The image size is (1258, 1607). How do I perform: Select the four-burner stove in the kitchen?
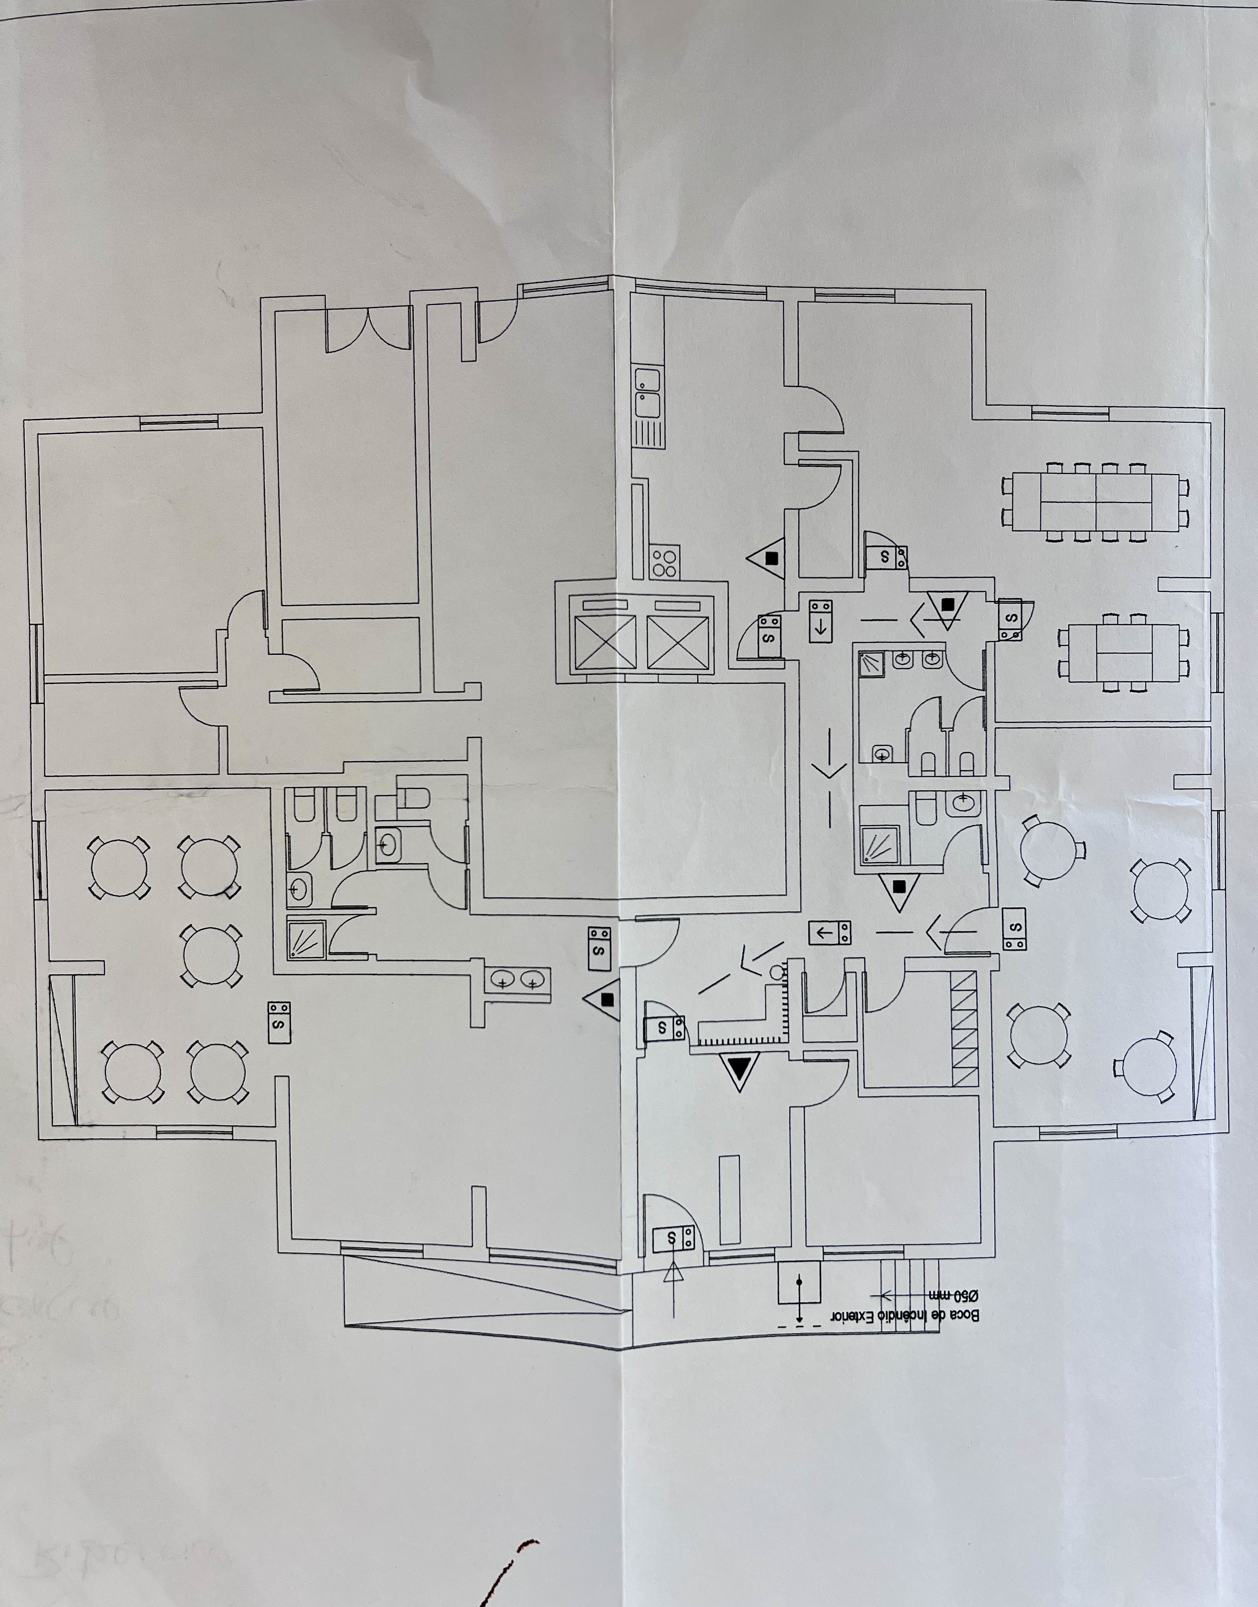point(664,563)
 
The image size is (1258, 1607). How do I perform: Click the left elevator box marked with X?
point(604,642)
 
